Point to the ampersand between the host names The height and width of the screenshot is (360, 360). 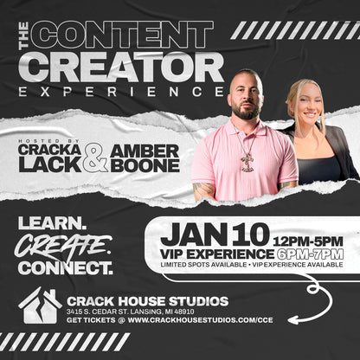pyautogui.click(x=96, y=157)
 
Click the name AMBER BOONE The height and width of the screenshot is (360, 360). pyautogui.click(x=145, y=157)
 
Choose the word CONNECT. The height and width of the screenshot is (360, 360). pyautogui.click(x=65, y=267)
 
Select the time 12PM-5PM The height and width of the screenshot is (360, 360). pyautogui.click(x=307, y=240)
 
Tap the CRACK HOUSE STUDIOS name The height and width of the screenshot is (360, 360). pyautogui.click(x=147, y=300)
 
